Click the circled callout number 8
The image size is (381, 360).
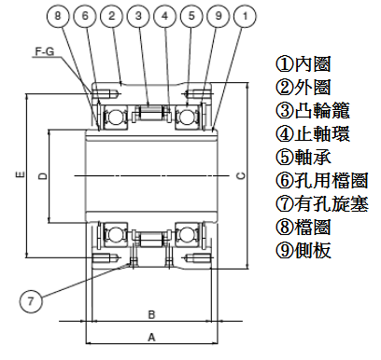pyautogui.click(x=58, y=16)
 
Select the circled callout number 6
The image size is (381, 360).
pyautogui.click(x=85, y=16)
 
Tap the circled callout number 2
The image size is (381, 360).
pyautogui.click(x=111, y=16)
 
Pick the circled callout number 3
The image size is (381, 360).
pyautogui.click(x=138, y=16)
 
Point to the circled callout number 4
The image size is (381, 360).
pyautogui.click(x=165, y=16)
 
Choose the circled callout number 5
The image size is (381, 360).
pyautogui.click(x=191, y=16)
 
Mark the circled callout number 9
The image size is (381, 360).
pyautogui.click(x=219, y=16)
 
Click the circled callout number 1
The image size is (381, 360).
pyautogui.click(x=246, y=16)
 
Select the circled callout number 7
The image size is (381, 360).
pyautogui.click(x=31, y=301)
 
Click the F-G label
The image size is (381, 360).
pyautogui.click(x=45, y=51)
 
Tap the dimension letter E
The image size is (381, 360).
pyautogui.click(x=21, y=175)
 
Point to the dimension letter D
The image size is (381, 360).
pyautogui.click(x=44, y=176)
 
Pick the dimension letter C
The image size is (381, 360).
pyautogui.click(x=241, y=175)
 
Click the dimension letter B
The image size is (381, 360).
pyautogui.click(x=151, y=314)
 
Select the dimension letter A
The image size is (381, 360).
pyautogui.click(x=151, y=338)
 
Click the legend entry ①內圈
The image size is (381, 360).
pyautogui.click(x=303, y=64)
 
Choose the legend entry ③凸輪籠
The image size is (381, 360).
pyautogui.click(x=313, y=110)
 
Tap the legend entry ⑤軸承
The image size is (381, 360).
pyautogui.click(x=303, y=157)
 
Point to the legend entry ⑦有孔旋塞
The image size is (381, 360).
pyautogui.click(x=322, y=203)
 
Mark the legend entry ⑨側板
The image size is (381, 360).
pyautogui.click(x=303, y=250)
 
